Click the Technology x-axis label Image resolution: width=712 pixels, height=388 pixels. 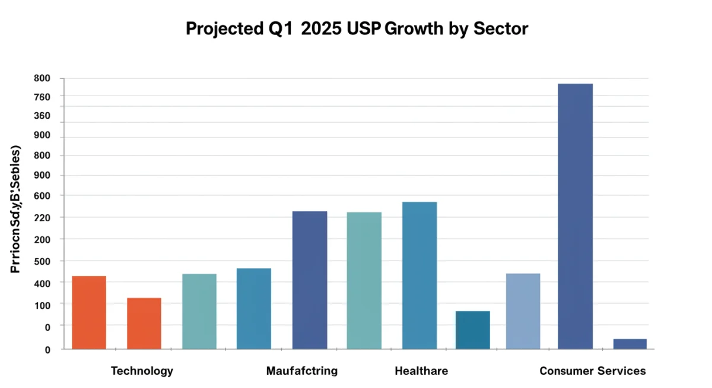(142, 371)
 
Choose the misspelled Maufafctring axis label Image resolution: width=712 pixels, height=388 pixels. (301, 371)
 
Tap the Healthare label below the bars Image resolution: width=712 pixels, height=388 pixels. (421, 371)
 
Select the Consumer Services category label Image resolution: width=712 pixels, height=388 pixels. (592, 371)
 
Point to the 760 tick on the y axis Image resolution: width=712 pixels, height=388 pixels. (42, 97)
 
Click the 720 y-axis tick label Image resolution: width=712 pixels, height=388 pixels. (42, 218)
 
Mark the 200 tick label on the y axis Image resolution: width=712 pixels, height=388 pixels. (42, 239)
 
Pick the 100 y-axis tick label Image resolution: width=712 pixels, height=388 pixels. (42, 304)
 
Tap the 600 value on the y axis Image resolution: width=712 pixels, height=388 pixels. (42, 196)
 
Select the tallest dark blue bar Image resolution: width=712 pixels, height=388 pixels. (575, 216)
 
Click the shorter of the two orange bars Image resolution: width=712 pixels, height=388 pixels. (144, 323)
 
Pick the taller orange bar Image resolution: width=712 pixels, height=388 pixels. (89, 312)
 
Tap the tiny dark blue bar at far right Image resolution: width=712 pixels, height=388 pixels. (630, 344)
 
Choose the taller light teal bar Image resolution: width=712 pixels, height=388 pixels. (364, 280)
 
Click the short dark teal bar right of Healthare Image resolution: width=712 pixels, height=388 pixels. (473, 330)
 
